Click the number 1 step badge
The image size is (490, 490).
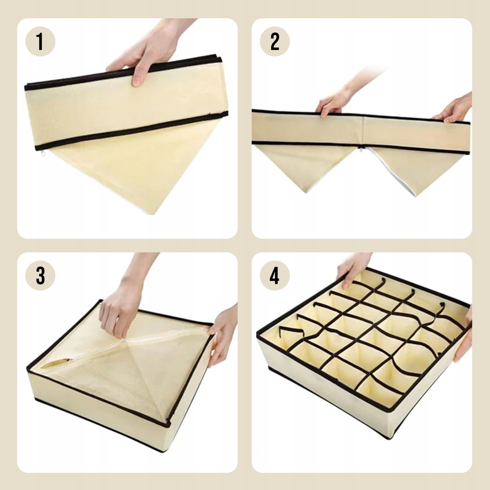40,41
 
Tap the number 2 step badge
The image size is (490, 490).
275,41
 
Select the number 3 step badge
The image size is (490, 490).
40,276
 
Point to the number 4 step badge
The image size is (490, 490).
275,276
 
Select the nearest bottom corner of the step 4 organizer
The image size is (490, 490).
390,438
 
